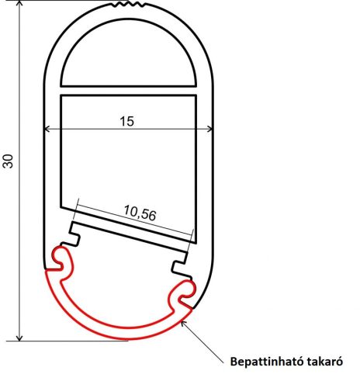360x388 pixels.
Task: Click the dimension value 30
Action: pyautogui.click(x=9, y=161)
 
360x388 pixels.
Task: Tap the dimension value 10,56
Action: pyautogui.click(x=140, y=211)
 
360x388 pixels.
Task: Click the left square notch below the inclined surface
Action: pyautogui.click(x=76, y=232)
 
